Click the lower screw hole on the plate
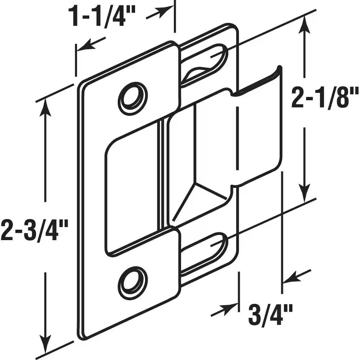click(133, 283)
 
